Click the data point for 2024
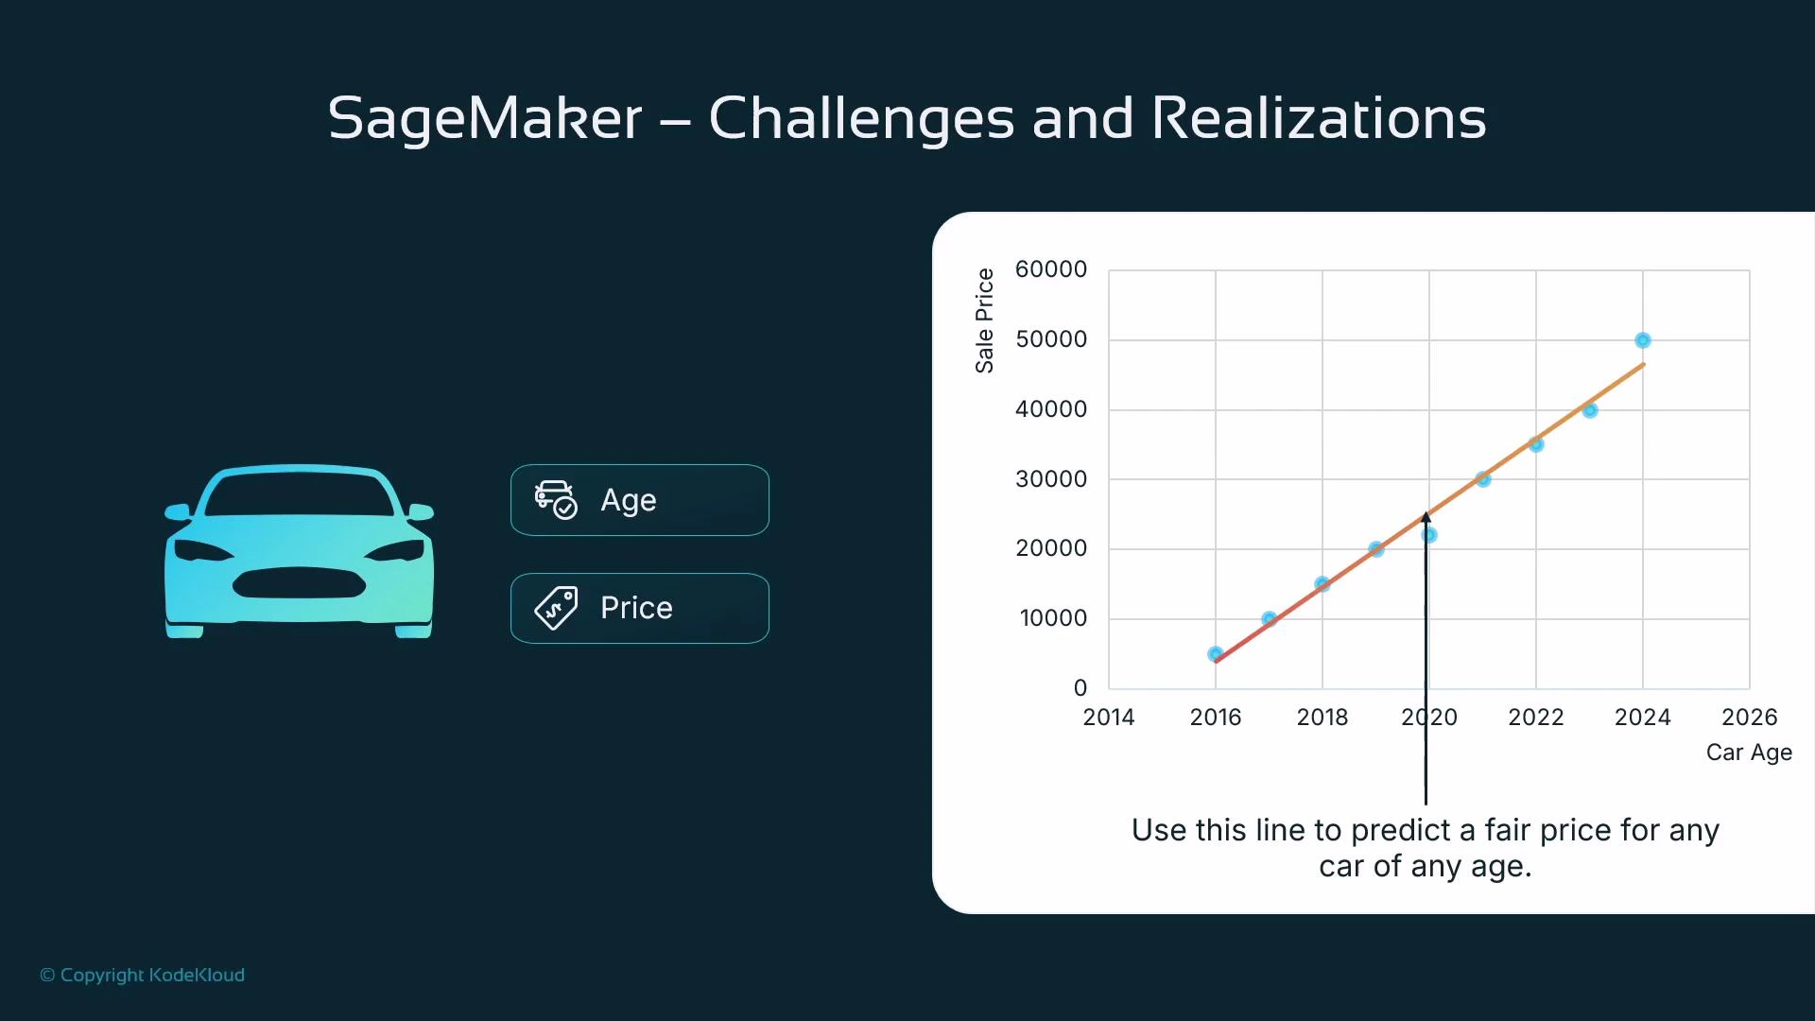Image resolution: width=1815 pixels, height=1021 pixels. tap(1643, 340)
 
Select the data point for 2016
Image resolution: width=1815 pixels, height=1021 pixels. tap(1216, 654)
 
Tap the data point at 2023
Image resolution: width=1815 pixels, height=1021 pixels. tap(1590, 410)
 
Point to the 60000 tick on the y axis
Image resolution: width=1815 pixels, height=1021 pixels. tap(1051, 269)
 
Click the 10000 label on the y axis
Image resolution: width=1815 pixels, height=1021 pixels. tap(1053, 618)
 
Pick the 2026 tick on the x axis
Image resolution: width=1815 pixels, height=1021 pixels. tap(1749, 717)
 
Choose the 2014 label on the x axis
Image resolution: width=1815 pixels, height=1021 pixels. tap(1109, 717)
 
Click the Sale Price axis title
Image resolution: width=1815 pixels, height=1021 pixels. tap(985, 320)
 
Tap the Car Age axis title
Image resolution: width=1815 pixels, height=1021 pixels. tap(1749, 753)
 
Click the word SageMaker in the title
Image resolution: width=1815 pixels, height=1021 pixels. tap(485, 119)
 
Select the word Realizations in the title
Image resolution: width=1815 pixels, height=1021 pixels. tap(1319, 119)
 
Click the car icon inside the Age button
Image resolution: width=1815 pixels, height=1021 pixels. tap(555, 499)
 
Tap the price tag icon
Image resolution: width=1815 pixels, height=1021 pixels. tap(556, 608)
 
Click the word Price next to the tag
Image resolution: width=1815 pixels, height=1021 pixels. tap(636, 608)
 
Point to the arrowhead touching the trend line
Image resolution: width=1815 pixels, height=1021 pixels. tap(1426, 517)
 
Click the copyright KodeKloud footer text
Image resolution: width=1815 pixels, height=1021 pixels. tap(143, 975)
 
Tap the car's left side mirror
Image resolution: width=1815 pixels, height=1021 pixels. tap(178, 512)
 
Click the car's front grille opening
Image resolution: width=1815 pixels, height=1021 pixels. tap(299, 583)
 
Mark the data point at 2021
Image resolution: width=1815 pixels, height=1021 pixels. tap(1483, 479)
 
